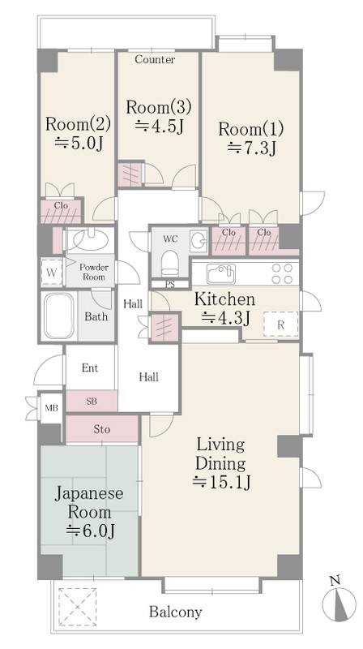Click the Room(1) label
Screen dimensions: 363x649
tap(250, 129)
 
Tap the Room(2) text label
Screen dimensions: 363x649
tap(78, 124)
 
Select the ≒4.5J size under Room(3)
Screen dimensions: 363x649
tap(159, 126)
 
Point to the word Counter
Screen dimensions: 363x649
tap(155, 59)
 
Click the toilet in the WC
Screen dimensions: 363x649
tap(169, 264)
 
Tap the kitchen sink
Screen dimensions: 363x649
tap(220, 273)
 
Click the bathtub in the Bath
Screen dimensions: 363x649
tap(59, 316)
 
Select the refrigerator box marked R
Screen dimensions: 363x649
tap(281, 324)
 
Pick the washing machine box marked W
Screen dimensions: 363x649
tap(52, 272)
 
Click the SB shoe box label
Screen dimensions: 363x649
tap(92, 401)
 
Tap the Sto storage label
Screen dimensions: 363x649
tap(102, 429)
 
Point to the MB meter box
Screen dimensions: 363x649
tap(52, 408)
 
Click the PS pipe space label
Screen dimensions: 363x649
tap(170, 285)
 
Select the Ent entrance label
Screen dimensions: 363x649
tap(90, 367)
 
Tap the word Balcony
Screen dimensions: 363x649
tap(175, 612)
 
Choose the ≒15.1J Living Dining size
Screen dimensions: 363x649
tap(221, 482)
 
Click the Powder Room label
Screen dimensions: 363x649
tap(94, 272)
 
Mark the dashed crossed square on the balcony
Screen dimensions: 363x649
tap(77, 607)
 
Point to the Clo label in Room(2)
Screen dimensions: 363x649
tap(61, 205)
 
